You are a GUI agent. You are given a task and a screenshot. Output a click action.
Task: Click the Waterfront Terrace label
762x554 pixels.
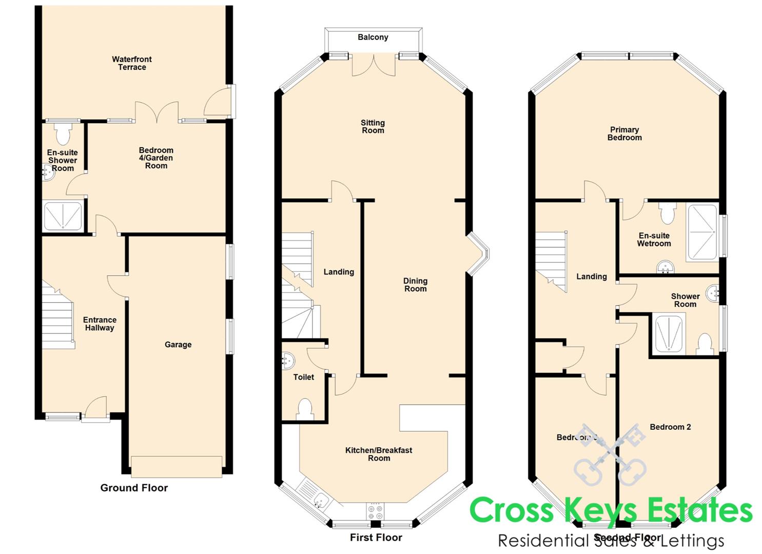pyautogui.click(x=132, y=63)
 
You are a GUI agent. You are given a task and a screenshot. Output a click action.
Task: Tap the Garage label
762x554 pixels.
pyautogui.click(x=178, y=345)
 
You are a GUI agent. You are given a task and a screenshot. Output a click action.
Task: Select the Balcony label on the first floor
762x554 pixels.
pyautogui.click(x=373, y=37)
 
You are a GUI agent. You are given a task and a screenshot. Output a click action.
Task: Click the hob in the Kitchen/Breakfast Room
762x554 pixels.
pyautogui.click(x=375, y=511)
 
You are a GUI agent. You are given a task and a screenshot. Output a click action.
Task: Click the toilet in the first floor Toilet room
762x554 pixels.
pyautogui.click(x=305, y=409)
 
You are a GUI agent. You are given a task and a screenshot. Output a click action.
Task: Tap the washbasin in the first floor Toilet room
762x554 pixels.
pyautogui.click(x=288, y=361)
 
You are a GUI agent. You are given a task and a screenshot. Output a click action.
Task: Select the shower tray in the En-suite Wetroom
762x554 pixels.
pyautogui.click(x=701, y=232)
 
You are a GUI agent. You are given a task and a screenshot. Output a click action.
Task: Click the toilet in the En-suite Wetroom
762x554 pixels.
pyautogui.click(x=667, y=212)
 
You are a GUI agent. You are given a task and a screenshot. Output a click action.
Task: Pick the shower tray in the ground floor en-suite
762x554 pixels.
pyautogui.click(x=63, y=216)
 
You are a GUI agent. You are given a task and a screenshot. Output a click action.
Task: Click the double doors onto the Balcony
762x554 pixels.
pyautogui.click(x=374, y=65)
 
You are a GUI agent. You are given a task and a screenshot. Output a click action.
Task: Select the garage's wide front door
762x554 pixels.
pyautogui.click(x=177, y=466)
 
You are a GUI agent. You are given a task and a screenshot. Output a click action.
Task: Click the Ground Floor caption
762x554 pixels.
pyautogui.click(x=134, y=488)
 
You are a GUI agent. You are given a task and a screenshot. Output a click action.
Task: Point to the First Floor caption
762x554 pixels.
pyautogui.click(x=376, y=538)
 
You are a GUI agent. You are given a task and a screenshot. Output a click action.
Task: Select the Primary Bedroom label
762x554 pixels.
pyautogui.click(x=624, y=133)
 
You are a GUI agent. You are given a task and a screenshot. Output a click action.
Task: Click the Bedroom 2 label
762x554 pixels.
pyautogui.click(x=670, y=427)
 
